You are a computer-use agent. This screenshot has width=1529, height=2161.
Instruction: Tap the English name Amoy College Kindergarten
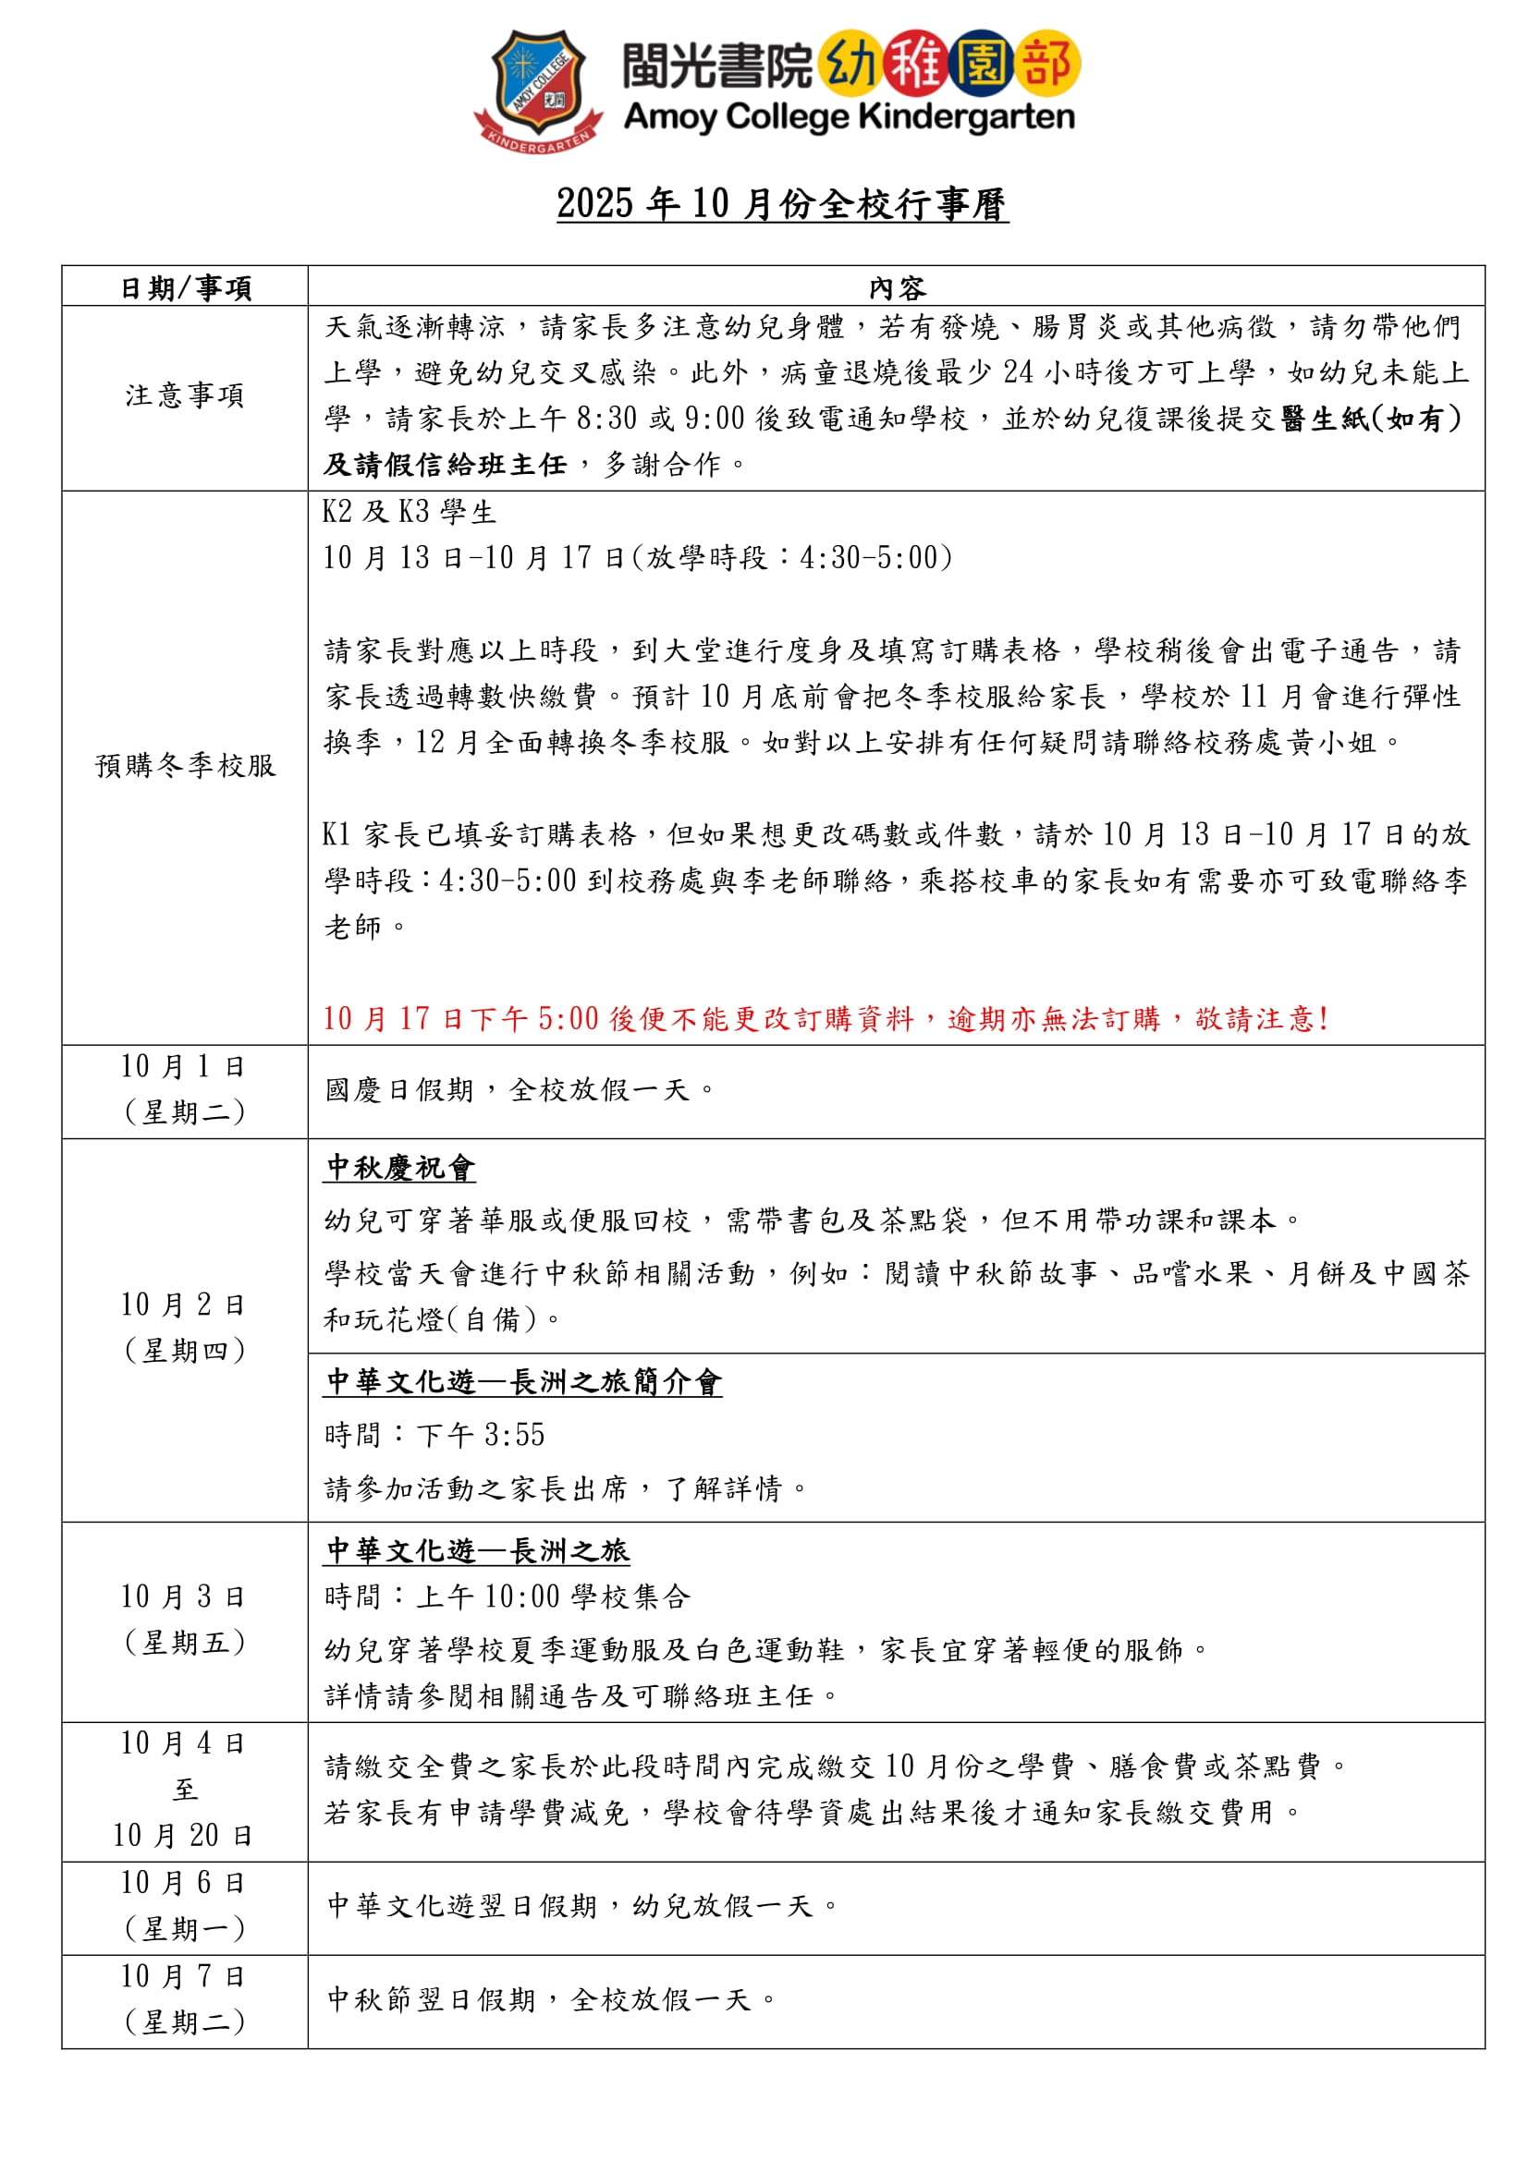click(849, 117)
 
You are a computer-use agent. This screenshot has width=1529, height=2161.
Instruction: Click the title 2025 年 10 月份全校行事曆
click(781, 204)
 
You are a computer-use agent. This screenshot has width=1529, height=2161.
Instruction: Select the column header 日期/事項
click(186, 288)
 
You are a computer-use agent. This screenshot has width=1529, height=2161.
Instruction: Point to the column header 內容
click(897, 288)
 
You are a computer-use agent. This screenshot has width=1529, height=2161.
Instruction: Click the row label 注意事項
click(186, 395)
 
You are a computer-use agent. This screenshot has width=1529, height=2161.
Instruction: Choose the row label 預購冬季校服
click(186, 765)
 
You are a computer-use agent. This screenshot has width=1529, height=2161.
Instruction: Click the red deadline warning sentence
click(825, 1018)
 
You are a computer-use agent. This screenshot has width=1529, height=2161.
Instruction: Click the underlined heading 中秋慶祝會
click(400, 1168)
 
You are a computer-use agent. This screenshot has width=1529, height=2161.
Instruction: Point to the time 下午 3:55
click(481, 1436)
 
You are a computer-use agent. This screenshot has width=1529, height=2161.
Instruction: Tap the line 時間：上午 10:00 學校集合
click(507, 1596)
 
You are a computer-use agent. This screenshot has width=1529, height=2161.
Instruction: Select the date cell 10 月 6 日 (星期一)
click(186, 1906)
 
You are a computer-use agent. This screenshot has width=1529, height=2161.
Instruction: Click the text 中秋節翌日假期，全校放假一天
click(550, 2000)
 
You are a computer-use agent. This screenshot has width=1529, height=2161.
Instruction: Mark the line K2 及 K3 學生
click(410, 512)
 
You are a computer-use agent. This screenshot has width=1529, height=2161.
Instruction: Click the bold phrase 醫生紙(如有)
click(1371, 419)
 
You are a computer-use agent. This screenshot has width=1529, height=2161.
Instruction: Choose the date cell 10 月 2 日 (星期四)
click(186, 1327)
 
